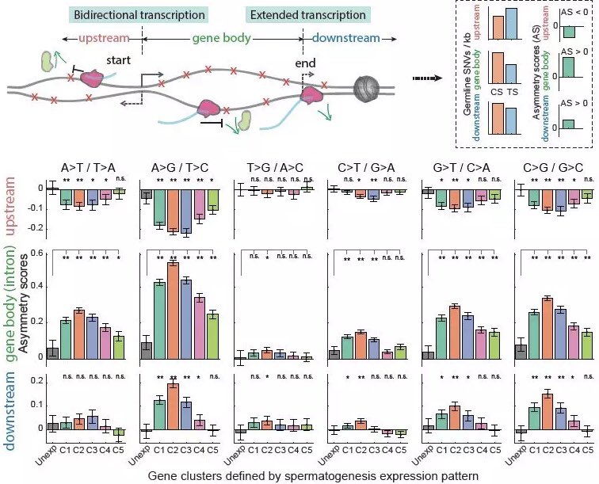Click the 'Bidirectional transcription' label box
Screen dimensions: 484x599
pos(139,15)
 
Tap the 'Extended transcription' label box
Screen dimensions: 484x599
pos(296,15)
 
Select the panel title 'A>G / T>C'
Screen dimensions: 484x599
pos(181,168)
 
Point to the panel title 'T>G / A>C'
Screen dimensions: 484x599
pos(272,168)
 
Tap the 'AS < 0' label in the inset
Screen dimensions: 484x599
pos(573,13)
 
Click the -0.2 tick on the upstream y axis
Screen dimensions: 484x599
pos(31,228)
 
